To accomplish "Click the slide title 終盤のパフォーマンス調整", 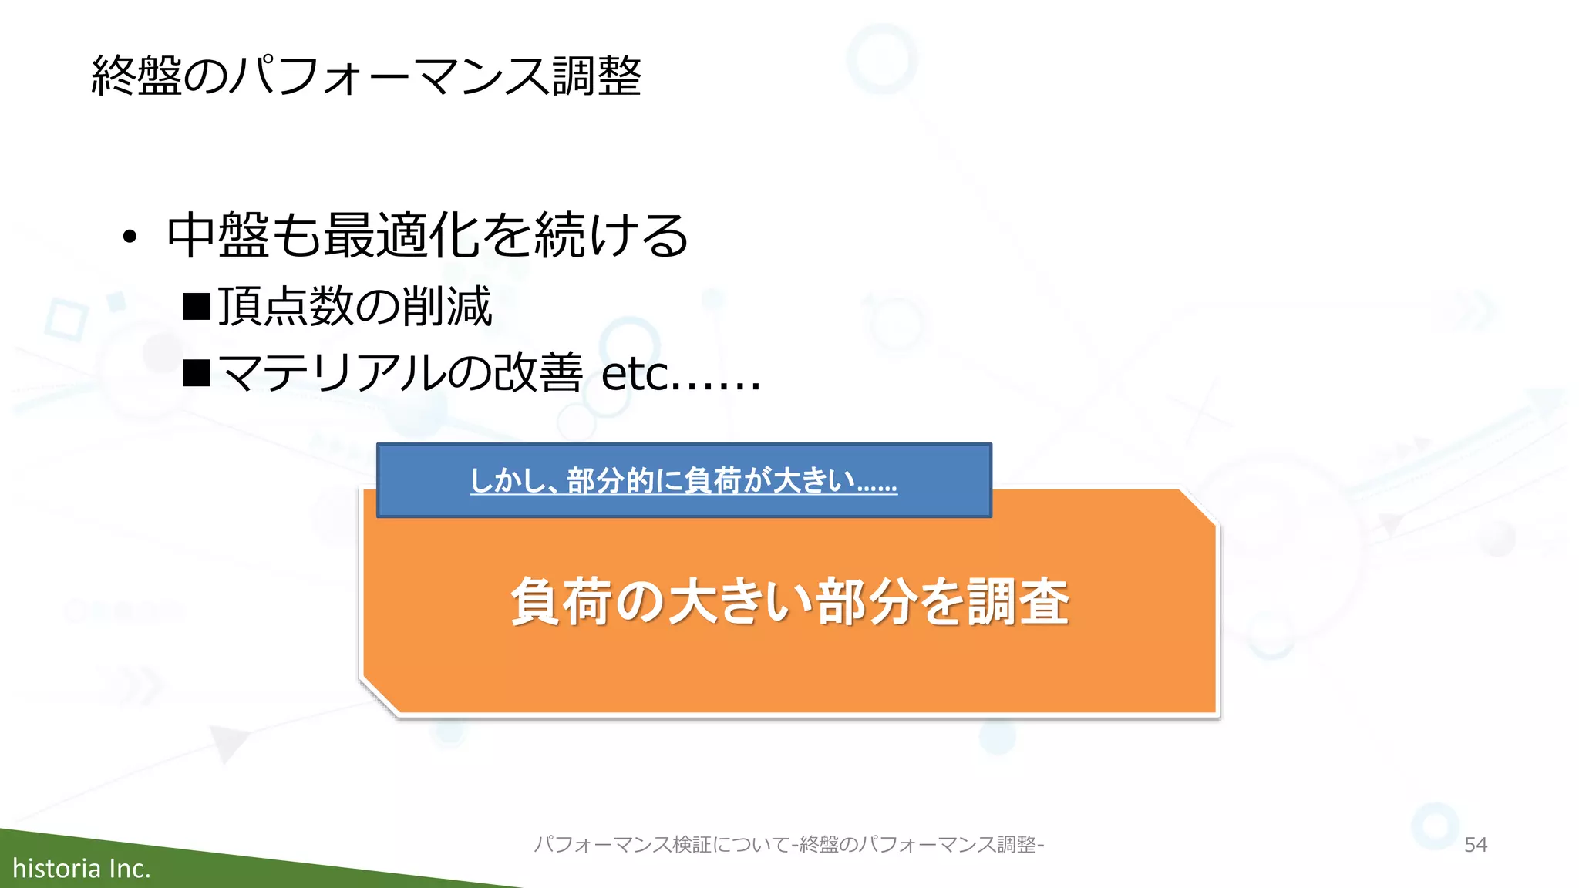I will pos(366,76).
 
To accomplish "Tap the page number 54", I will pos(1475,845).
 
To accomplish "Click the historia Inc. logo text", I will pos(82,869).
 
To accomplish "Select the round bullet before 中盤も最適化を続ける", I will pos(130,237).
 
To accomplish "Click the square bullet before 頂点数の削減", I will pos(197,306).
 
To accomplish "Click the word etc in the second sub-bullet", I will pos(635,375).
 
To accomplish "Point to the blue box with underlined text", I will pos(684,480).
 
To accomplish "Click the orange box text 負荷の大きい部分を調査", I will pos(789,601).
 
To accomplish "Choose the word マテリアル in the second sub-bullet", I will pos(332,373).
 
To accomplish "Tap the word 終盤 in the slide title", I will pos(136,76).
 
